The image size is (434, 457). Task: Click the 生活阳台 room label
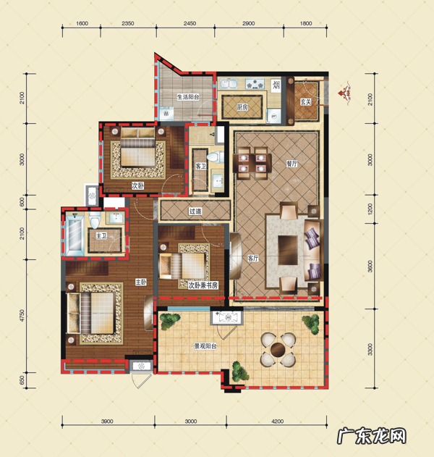(188, 97)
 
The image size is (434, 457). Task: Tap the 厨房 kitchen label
(242, 107)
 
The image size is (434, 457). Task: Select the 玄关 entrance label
(306, 101)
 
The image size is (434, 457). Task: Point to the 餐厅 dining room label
(292, 164)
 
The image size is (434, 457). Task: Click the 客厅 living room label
(253, 259)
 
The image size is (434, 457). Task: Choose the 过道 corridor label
(195, 211)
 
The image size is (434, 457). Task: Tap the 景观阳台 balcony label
(205, 346)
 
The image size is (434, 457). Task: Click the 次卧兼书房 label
(203, 285)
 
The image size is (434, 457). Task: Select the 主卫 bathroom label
(101, 235)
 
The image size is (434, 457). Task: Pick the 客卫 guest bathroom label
(200, 167)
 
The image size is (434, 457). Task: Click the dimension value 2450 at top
(190, 23)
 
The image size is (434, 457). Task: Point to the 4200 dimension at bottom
(277, 422)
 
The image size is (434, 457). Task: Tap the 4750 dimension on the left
(22, 316)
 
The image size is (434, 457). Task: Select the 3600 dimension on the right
(370, 266)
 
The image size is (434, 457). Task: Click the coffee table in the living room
(288, 250)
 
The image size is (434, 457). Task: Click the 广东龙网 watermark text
(372, 436)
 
